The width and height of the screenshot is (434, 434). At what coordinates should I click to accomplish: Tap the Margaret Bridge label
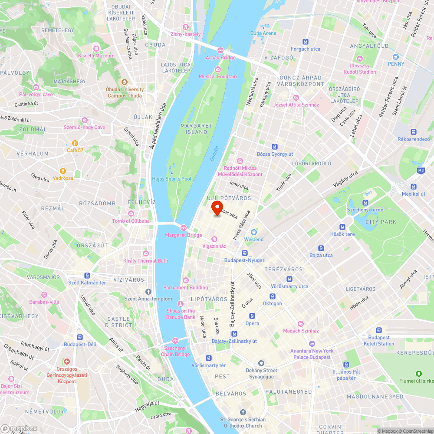[x=183, y=235]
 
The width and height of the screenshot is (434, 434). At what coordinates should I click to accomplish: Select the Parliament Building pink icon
[x=186, y=280]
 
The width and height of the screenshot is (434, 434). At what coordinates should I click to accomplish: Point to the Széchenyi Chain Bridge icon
[x=175, y=341]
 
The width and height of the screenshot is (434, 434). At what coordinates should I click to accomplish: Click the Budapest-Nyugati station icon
[x=245, y=253]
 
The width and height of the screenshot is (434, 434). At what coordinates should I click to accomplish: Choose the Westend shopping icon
[x=254, y=232]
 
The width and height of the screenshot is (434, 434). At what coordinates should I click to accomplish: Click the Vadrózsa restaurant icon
[x=63, y=171]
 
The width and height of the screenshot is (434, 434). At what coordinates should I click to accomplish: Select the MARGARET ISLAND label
[x=197, y=129]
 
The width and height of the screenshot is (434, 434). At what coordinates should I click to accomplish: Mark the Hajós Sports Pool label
[x=171, y=179]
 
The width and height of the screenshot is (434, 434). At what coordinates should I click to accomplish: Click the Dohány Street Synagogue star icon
[x=261, y=363]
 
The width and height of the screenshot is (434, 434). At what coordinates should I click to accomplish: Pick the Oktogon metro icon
[x=272, y=296]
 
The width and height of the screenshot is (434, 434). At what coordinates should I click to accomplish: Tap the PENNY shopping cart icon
[x=395, y=57]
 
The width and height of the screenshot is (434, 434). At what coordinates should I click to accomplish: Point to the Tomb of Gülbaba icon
[x=131, y=213]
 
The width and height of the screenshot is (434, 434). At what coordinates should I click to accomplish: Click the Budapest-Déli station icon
[x=80, y=337]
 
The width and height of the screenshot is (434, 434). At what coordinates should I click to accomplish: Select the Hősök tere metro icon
[x=342, y=227]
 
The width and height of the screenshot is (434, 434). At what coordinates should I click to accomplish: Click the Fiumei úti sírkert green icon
[x=418, y=374]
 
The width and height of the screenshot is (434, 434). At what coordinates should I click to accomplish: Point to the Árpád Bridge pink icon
[x=220, y=50]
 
